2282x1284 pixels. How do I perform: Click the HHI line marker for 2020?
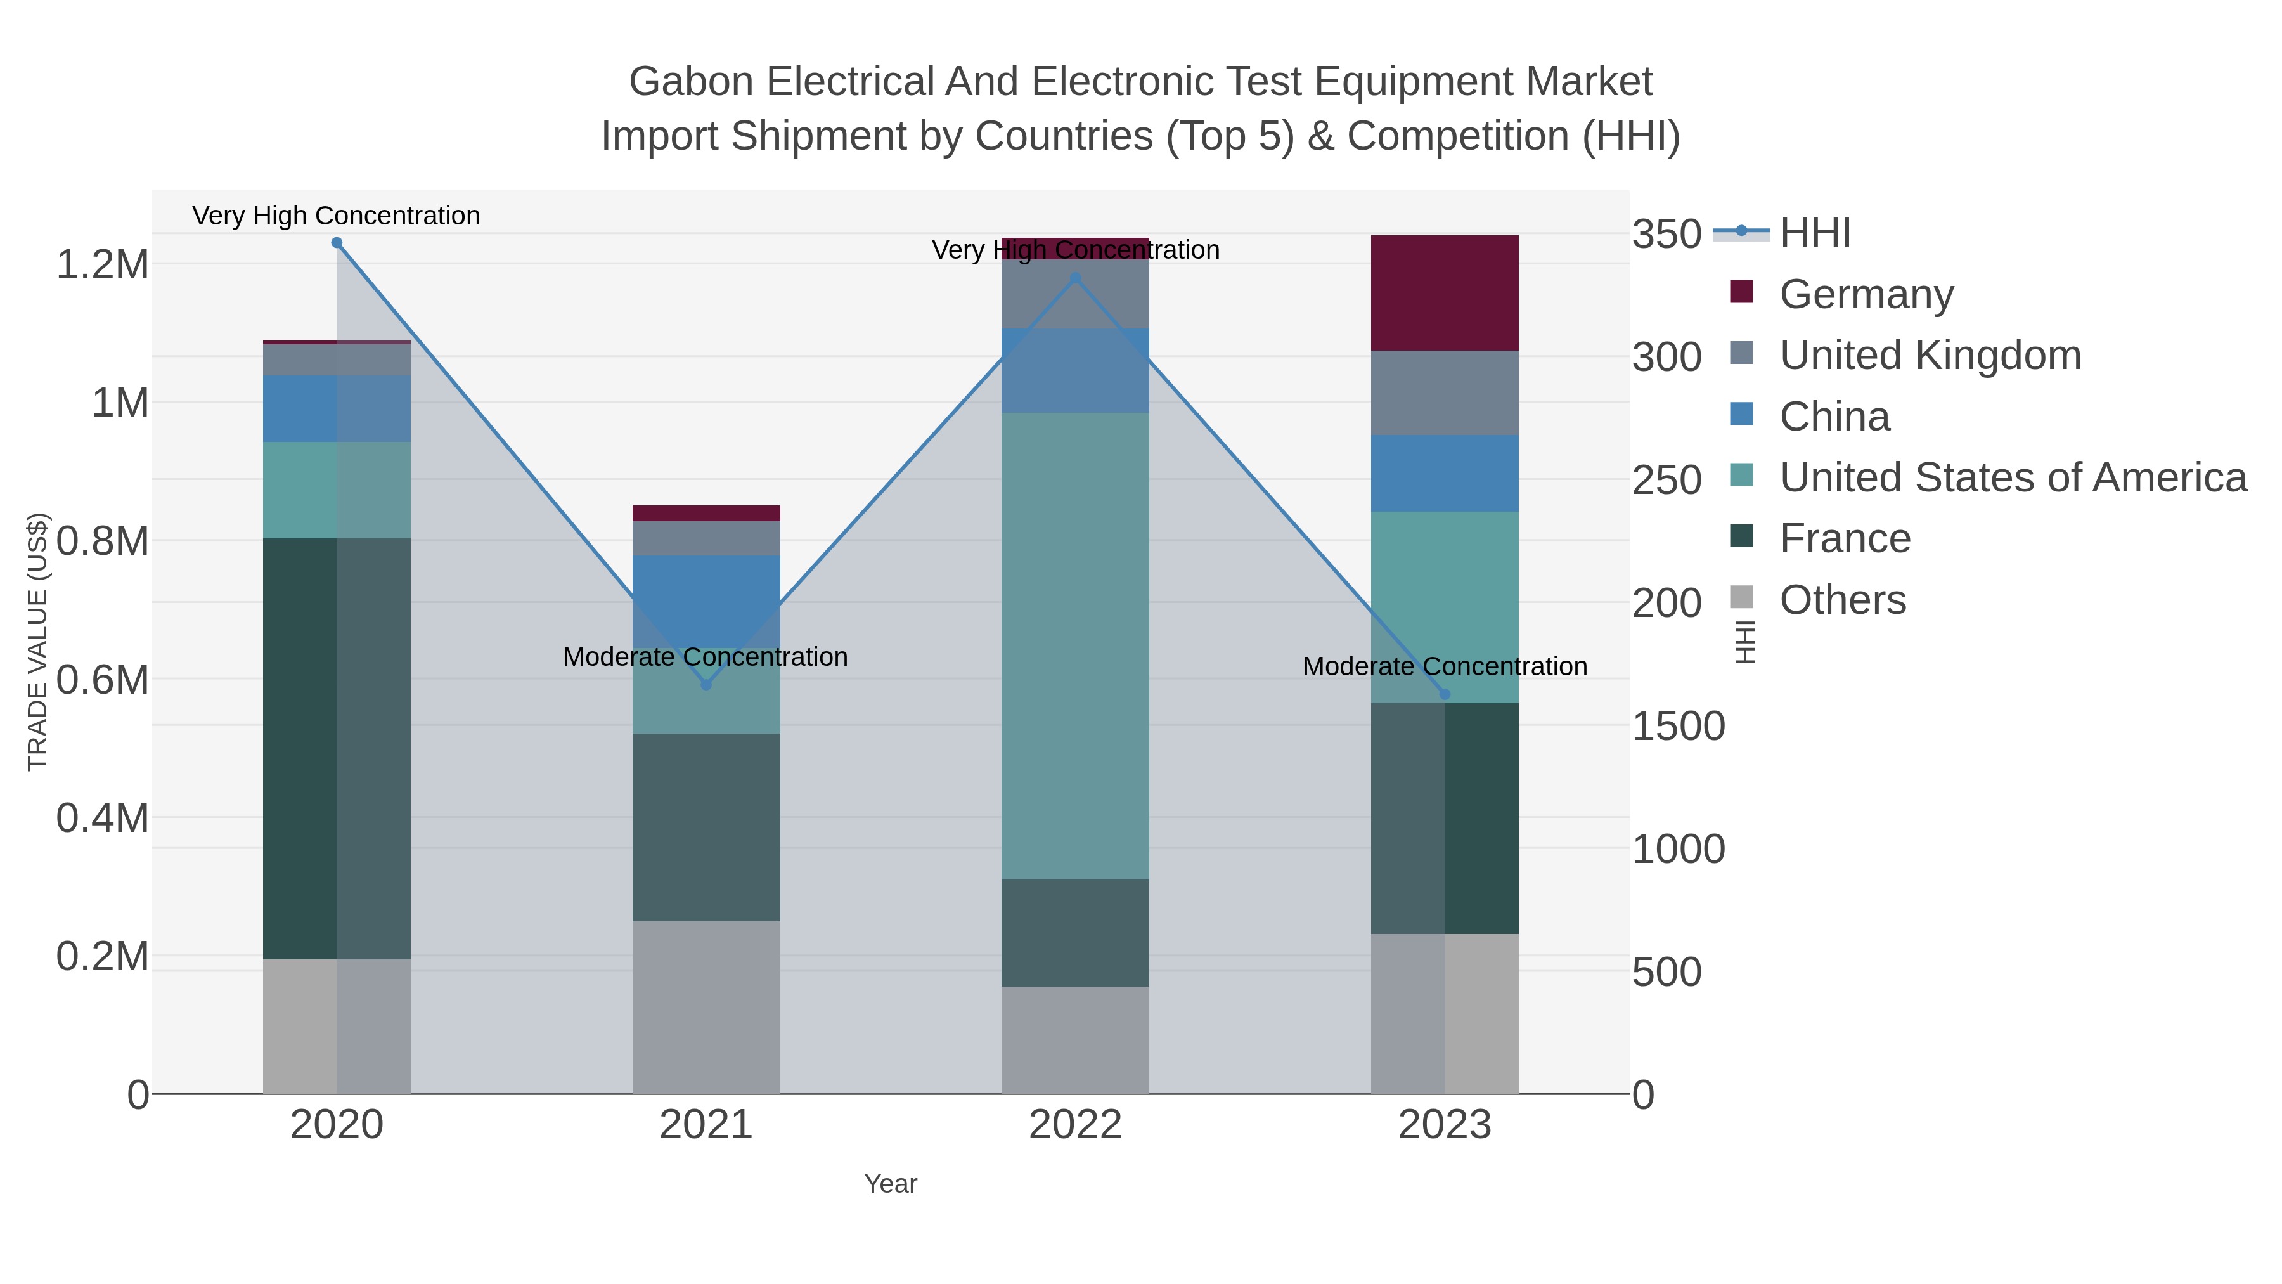pos(337,243)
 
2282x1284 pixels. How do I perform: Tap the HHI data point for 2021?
pos(706,684)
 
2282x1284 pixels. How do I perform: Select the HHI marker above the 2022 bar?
pos(1076,278)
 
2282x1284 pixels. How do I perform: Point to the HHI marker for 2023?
pos(1445,695)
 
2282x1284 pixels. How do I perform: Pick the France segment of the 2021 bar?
pos(706,827)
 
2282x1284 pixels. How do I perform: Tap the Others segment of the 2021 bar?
pos(706,1007)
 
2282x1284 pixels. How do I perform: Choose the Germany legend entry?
pos(1866,294)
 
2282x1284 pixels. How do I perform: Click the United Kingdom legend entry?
pos(1930,355)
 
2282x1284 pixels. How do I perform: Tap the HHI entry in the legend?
pos(1814,233)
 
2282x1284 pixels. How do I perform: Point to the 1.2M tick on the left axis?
pos(103,264)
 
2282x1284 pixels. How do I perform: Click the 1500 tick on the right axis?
pos(1678,726)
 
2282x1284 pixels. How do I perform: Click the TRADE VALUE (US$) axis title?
pos(37,642)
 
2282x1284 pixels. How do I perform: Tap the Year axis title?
pos(891,1184)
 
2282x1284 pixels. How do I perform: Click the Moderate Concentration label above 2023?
pos(1445,666)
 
